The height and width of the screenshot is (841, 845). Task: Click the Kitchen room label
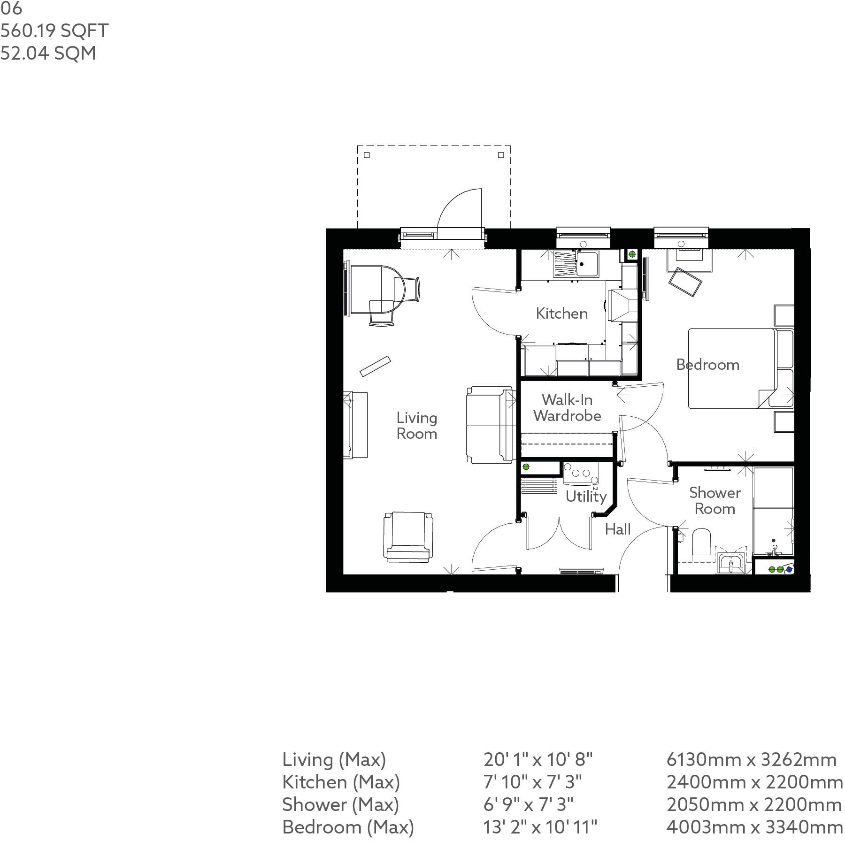561,313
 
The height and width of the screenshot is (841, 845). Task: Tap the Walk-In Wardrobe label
567,408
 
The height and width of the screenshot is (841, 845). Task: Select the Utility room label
586,496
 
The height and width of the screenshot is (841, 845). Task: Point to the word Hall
617,529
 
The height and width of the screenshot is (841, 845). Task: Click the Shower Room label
714,501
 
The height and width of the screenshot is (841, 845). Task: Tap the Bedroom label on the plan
707,365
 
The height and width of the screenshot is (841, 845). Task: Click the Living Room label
416,426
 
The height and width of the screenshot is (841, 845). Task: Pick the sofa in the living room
489,425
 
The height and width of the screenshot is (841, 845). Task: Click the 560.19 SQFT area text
54,31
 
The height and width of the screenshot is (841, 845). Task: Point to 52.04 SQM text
48,53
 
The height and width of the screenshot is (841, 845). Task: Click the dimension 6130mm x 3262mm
751,759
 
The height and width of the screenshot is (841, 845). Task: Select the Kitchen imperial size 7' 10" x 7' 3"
532,782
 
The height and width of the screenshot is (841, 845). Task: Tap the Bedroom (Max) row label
348,826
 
